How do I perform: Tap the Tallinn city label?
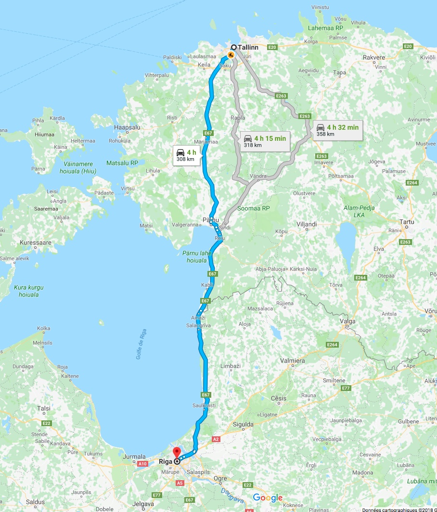pos(248,47)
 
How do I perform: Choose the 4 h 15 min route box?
pos(264,141)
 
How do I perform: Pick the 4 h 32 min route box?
pos(337,130)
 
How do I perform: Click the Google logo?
pos(268,498)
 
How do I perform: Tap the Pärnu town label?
pos(210,220)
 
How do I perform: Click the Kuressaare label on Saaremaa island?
pos(36,243)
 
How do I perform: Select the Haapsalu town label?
pos(127,127)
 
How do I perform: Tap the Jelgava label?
pos(142,504)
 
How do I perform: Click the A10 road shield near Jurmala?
pos(142,464)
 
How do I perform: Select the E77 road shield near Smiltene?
pos(345,388)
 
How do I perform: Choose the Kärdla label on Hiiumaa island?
pos(57,118)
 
